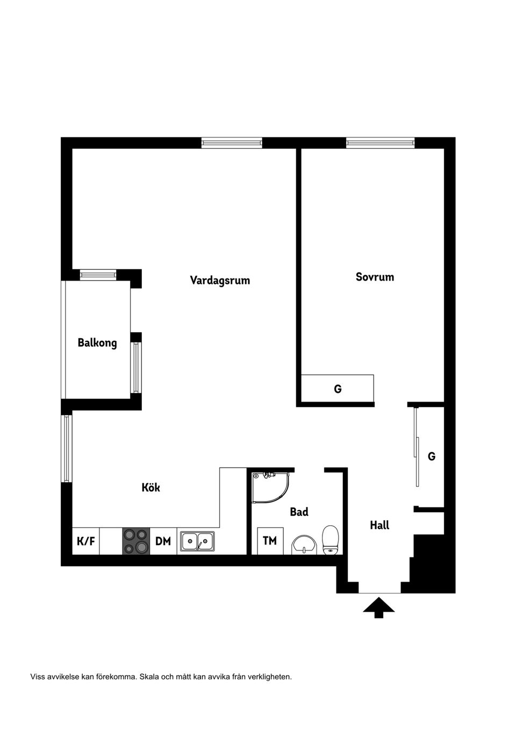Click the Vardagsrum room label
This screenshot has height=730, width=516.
pyautogui.click(x=220, y=280)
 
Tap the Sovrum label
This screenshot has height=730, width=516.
pyautogui.click(x=375, y=277)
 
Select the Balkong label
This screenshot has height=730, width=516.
pyautogui.click(x=97, y=342)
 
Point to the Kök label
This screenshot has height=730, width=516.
pyautogui.click(x=151, y=488)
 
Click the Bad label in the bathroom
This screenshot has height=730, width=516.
pyautogui.click(x=299, y=512)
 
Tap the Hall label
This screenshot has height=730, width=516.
pyautogui.click(x=379, y=525)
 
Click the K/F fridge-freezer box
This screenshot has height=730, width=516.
pyautogui.click(x=86, y=541)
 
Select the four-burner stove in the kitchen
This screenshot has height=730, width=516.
pyautogui.click(x=136, y=541)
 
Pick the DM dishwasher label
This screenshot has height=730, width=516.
pyautogui.click(x=163, y=541)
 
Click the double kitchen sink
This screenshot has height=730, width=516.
pyautogui.click(x=197, y=541)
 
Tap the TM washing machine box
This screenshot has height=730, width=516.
pyautogui.click(x=270, y=541)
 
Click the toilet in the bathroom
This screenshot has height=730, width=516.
pyautogui.click(x=330, y=539)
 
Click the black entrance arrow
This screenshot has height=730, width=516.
pyautogui.click(x=379, y=607)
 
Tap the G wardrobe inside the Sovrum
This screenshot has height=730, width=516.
pyautogui.click(x=338, y=389)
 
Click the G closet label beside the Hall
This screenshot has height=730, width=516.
pyautogui.click(x=431, y=456)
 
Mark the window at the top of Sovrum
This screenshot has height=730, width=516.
pyautogui.click(x=380, y=142)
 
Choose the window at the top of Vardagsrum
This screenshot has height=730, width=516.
pyautogui.click(x=232, y=142)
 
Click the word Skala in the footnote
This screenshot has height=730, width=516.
pyautogui.click(x=149, y=677)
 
